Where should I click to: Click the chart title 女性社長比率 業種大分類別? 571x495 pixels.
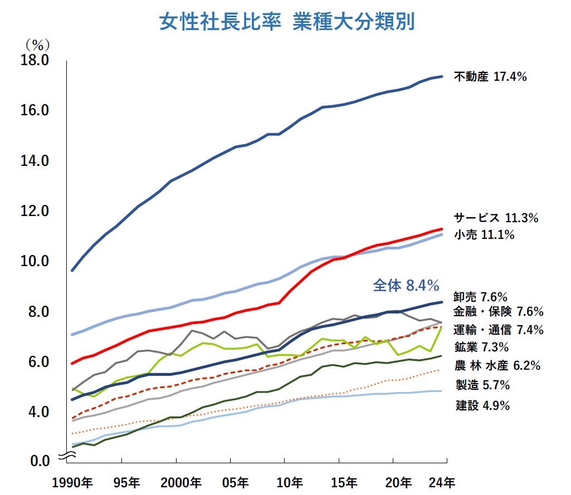tap(286, 22)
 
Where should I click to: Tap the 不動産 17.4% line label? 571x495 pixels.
tap(490, 77)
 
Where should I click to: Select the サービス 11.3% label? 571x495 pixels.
tap(496, 218)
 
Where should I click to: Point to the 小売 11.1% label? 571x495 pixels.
tap(484, 235)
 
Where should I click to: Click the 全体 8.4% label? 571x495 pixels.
tap(406, 286)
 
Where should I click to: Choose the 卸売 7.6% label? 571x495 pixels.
tap(480, 297)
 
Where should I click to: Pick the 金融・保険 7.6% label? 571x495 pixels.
tap(498, 311)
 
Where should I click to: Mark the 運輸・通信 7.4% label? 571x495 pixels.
tap(498, 330)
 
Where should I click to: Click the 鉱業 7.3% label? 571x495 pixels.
tap(481, 347)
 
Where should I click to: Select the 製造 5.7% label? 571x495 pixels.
tap(482, 385)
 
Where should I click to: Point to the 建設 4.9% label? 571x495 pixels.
tap(482, 405)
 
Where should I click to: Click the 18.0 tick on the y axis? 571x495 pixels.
tap(35, 60)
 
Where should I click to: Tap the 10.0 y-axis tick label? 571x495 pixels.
tap(35, 261)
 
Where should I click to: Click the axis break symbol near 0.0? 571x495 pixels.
tap(67, 457)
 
